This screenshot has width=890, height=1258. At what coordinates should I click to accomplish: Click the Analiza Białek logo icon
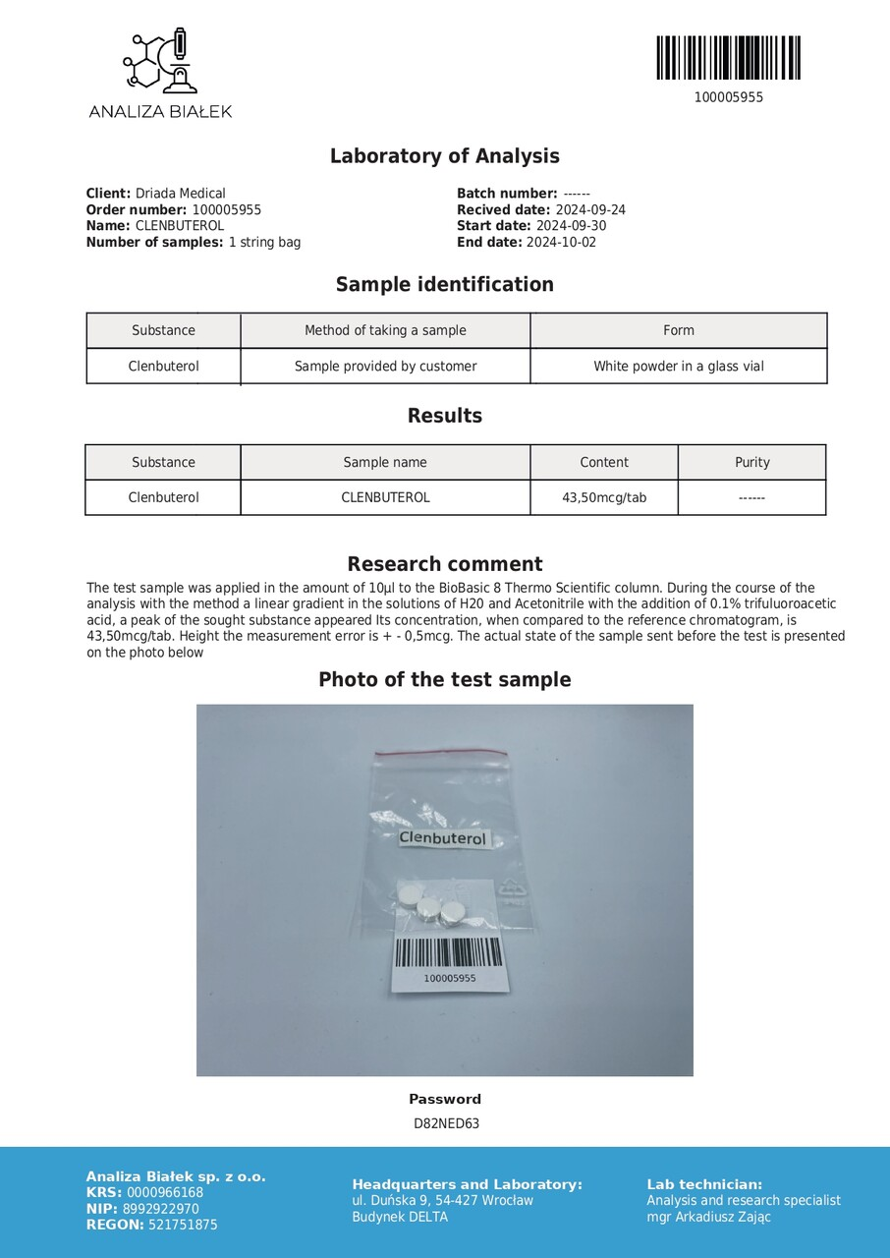160,62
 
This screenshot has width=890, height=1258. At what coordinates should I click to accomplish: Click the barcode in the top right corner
728,58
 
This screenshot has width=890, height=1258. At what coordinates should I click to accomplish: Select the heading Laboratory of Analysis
444,156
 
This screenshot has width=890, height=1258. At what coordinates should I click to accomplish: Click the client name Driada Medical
180,194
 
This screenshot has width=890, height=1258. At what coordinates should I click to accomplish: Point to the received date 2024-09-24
590,210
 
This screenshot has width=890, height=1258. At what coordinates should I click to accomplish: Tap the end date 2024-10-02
561,243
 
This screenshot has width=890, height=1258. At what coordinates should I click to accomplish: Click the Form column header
678,330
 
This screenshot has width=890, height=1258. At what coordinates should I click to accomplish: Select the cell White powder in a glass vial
678,367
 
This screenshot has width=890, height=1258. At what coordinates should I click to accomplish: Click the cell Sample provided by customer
385,367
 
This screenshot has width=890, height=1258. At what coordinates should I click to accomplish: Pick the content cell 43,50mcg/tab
604,497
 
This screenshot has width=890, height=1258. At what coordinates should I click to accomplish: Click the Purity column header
751,462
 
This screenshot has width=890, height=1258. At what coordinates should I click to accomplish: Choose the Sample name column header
385,462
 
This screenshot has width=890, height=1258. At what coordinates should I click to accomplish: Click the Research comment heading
444,564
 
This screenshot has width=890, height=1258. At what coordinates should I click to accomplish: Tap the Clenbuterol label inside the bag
442,838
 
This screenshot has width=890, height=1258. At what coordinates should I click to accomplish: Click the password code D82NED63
446,1124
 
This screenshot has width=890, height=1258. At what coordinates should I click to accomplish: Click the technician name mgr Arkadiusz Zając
708,1217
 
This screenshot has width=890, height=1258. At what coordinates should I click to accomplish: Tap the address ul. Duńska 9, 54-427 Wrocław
442,1200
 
